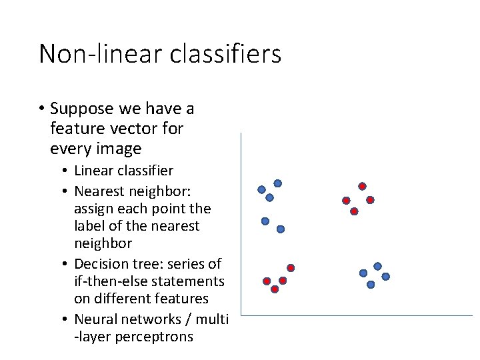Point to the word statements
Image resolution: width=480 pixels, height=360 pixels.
[x=192, y=281]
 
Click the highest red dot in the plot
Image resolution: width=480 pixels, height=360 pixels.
[x=362, y=186]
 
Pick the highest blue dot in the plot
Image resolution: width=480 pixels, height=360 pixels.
[x=277, y=183]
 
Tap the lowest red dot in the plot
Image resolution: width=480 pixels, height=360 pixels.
[x=275, y=289]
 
